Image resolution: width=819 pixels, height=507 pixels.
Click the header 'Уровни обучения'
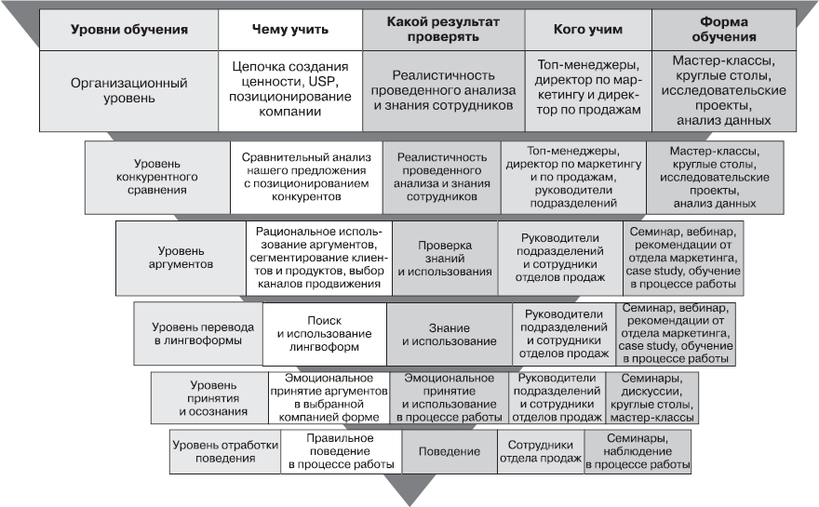click(x=128, y=29)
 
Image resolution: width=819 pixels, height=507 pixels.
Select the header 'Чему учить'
click(x=289, y=29)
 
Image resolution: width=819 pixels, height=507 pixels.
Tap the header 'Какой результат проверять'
click(x=442, y=29)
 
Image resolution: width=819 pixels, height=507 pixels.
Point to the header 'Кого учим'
click(x=586, y=29)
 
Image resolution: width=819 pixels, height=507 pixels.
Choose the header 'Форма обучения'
click(x=724, y=29)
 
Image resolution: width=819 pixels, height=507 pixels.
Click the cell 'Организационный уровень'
click(x=128, y=90)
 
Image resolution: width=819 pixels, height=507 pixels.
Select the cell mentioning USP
click(x=289, y=89)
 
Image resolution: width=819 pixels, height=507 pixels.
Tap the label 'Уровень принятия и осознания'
click(x=213, y=398)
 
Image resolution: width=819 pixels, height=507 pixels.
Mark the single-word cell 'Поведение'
click(x=449, y=451)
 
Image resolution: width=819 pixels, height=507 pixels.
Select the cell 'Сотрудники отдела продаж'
click(x=540, y=451)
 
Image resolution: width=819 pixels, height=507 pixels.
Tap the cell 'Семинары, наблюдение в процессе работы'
click(x=638, y=451)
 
